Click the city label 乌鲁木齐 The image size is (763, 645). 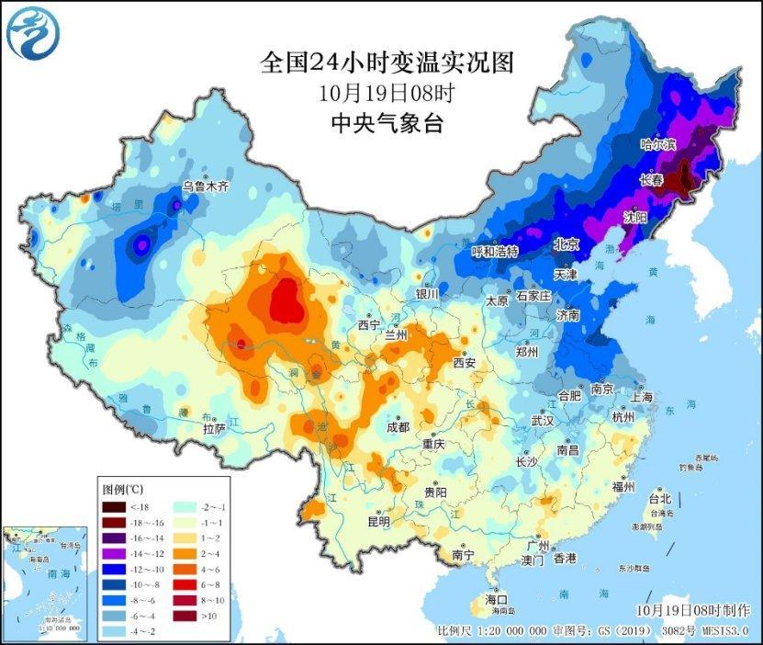pyautogui.click(x=204, y=186)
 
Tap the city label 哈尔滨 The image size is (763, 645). pyautogui.click(x=657, y=145)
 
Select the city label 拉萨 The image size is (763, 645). pyautogui.click(x=214, y=428)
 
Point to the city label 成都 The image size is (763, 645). pyautogui.click(x=398, y=426)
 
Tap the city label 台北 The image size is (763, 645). pyautogui.click(x=659, y=499)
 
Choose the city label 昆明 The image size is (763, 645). pyautogui.click(x=378, y=522)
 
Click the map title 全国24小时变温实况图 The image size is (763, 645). pyautogui.click(x=386, y=62)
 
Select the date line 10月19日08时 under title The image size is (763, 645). pyautogui.click(x=387, y=93)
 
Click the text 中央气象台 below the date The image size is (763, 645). pyautogui.click(x=387, y=123)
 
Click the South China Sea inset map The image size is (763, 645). pyautogui.click(x=43, y=583)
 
